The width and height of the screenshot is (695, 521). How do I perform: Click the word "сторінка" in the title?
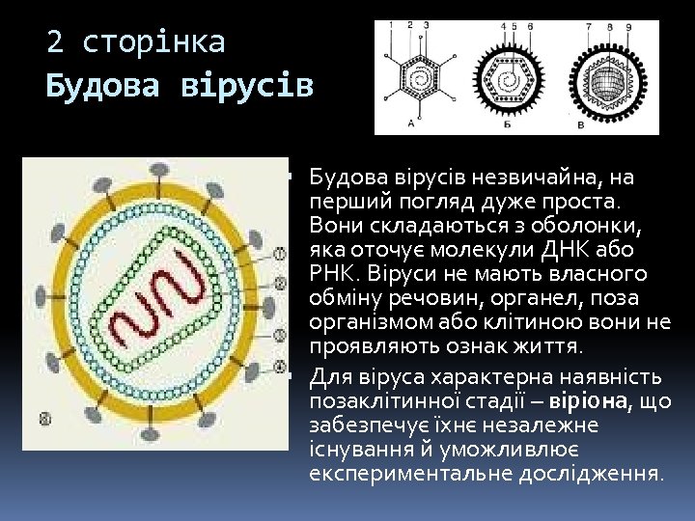154,42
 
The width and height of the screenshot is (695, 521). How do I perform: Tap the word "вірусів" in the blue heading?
247,87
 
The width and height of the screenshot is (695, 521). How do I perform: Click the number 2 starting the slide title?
56,42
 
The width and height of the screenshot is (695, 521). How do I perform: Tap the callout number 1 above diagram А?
390,24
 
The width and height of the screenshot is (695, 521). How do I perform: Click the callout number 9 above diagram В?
628,27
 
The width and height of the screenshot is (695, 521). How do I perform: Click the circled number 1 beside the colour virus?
280,253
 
